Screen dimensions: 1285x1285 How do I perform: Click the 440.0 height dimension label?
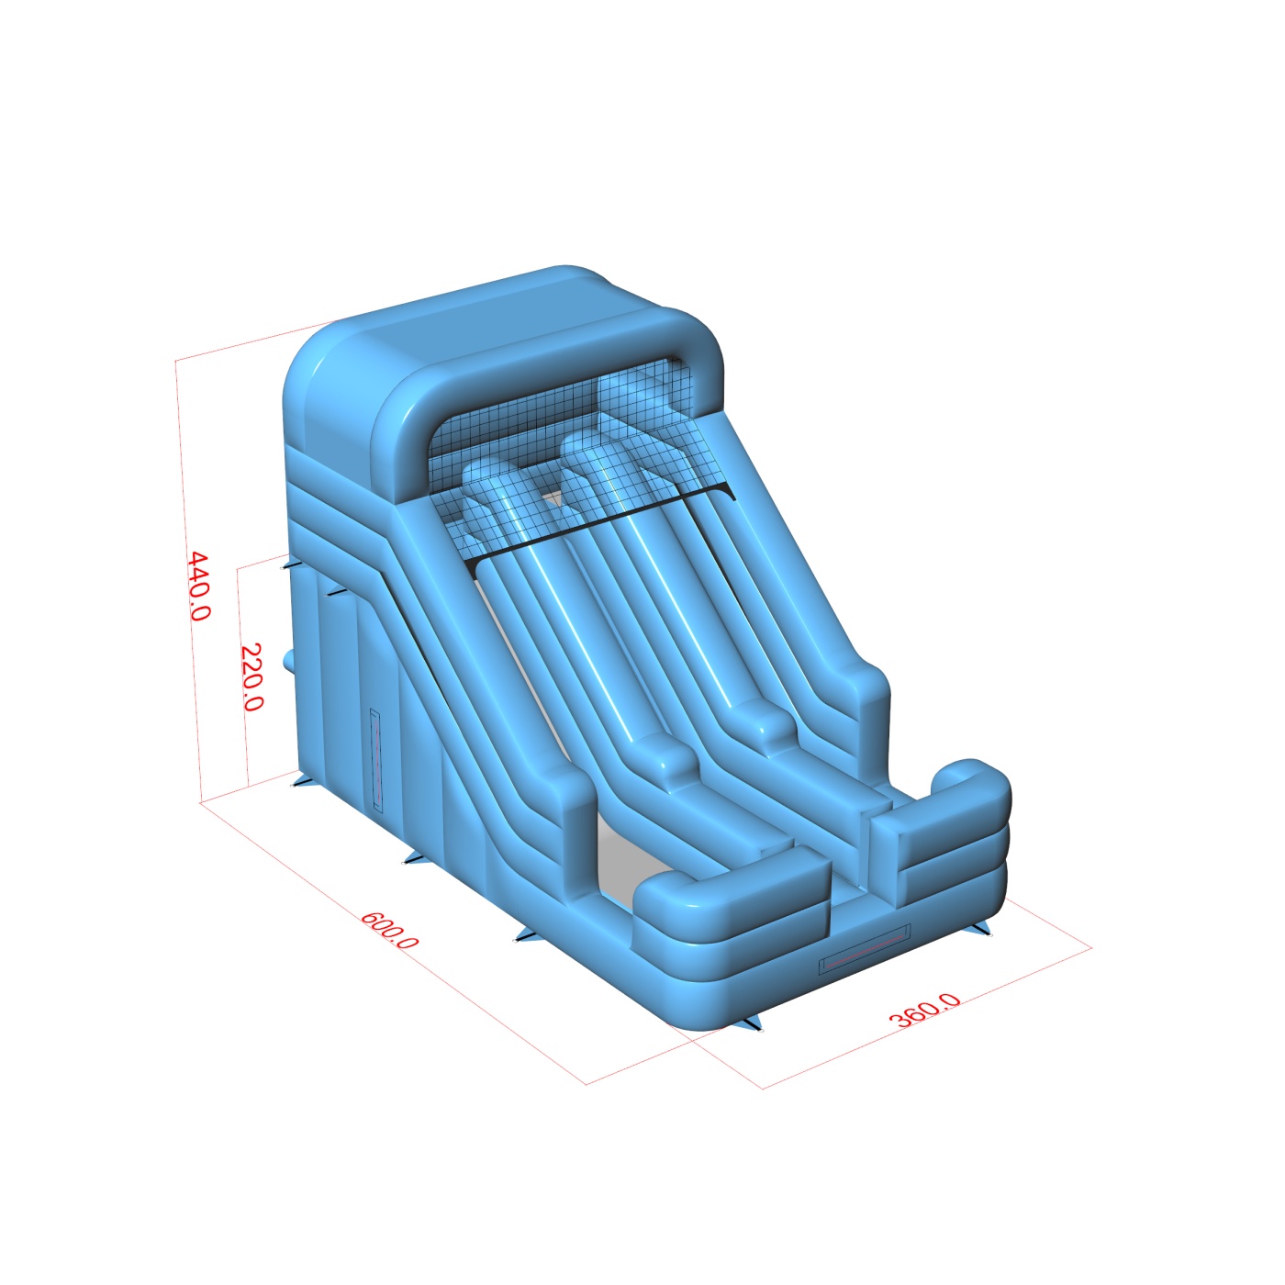200,587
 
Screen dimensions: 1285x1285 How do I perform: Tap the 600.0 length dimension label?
390,929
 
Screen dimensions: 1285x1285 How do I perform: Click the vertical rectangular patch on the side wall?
376,761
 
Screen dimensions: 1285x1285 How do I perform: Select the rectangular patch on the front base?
865,947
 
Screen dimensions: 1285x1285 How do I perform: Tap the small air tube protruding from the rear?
289,663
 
